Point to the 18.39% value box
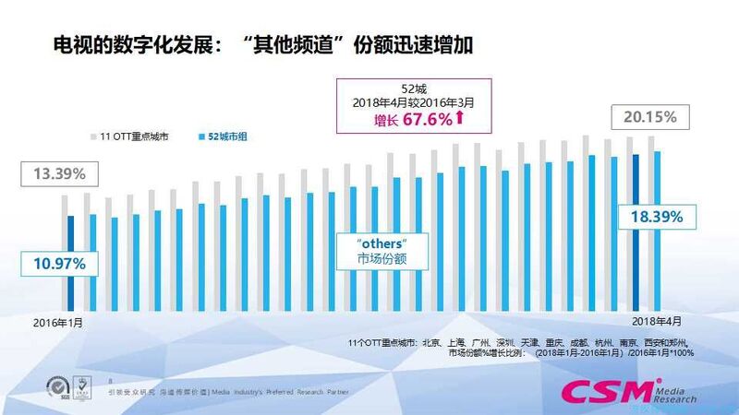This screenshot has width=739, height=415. tap(657, 218)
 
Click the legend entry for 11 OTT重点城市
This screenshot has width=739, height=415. tap(129, 137)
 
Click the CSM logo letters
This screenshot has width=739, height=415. tap(605, 392)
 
